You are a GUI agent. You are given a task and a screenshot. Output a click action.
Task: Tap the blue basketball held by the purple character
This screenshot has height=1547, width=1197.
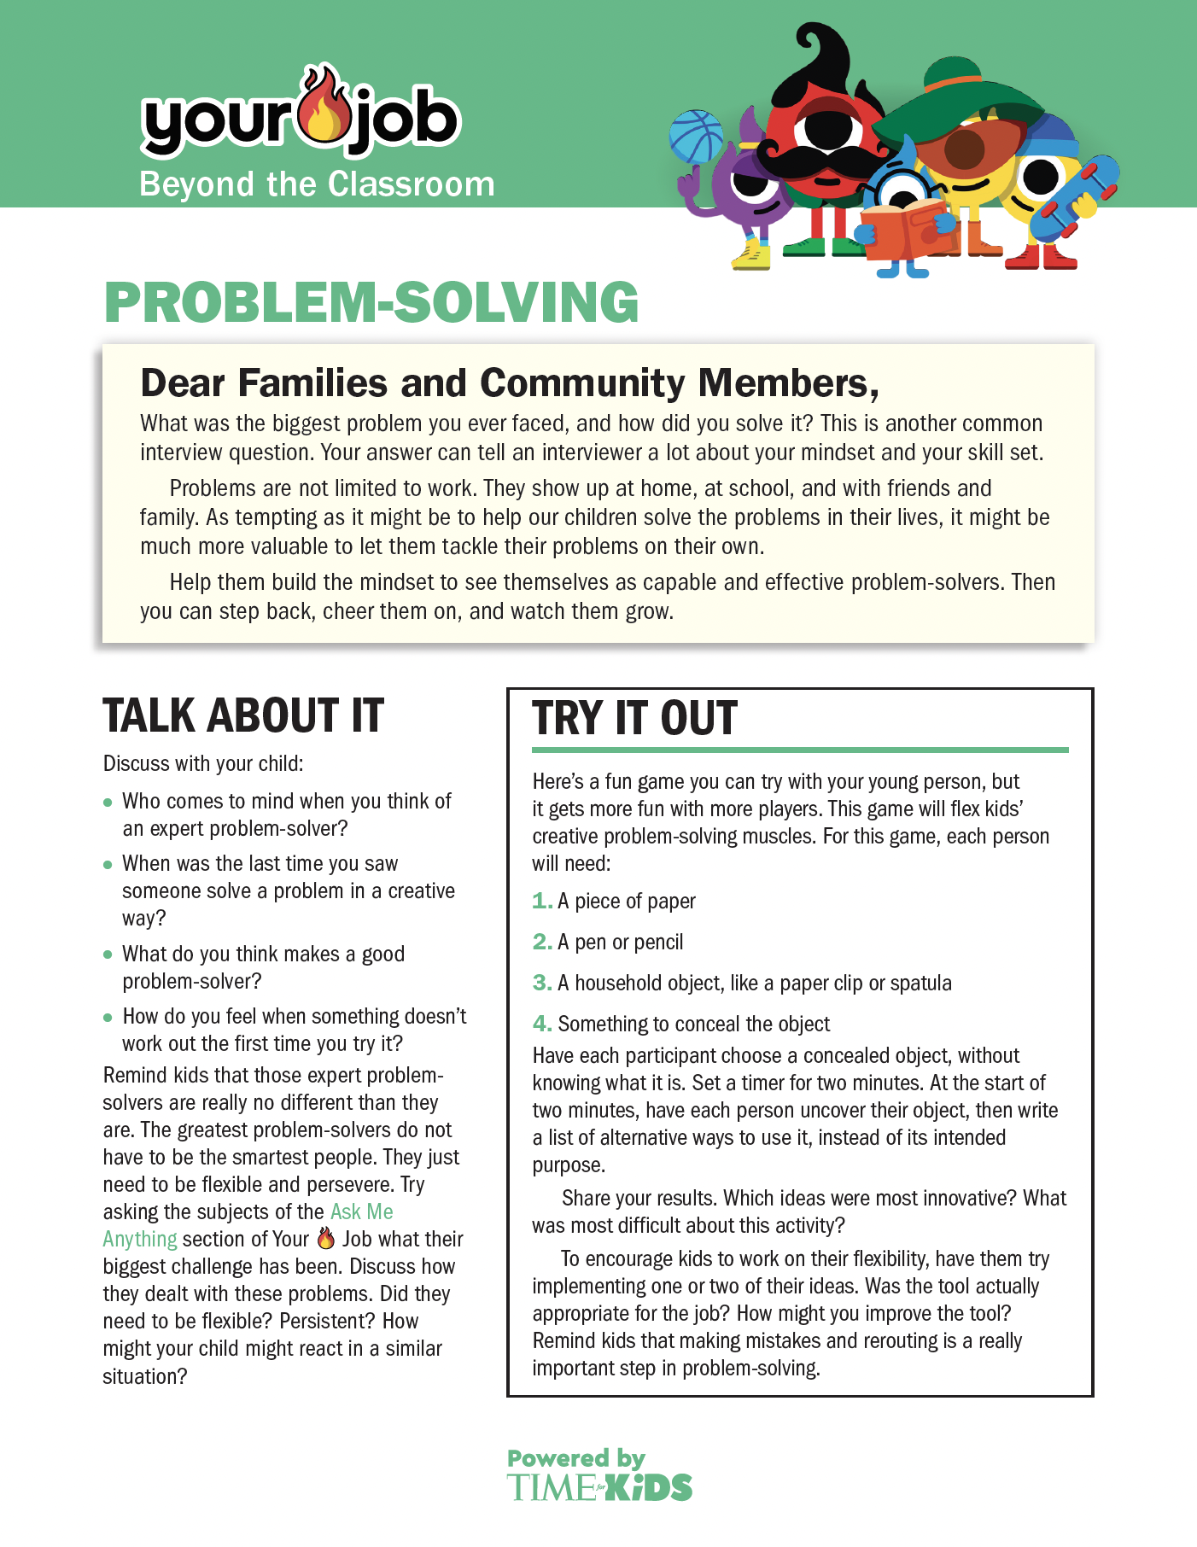click(695, 136)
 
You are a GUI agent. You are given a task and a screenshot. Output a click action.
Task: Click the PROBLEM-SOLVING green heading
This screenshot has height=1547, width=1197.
click(371, 302)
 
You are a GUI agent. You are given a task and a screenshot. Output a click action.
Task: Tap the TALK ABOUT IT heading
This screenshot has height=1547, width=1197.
click(243, 715)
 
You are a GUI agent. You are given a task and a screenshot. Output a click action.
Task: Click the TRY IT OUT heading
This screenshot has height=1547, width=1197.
click(634, 718)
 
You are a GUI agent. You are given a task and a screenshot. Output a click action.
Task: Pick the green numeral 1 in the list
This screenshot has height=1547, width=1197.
click(540, 901)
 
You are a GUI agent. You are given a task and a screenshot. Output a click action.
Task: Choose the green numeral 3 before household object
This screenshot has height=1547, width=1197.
click(541, 983)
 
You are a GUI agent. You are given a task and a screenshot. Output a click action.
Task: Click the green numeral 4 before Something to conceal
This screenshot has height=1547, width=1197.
click(541, 1024)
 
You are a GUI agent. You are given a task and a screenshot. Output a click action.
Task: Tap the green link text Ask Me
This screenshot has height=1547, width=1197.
click(361, 1211)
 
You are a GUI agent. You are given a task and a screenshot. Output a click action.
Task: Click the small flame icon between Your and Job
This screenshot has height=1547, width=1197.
click(325, 1238)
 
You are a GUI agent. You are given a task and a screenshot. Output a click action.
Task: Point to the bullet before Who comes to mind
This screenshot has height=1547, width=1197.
click(108, 803)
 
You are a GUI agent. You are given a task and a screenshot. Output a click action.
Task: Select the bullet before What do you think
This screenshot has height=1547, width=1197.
click(108, 954)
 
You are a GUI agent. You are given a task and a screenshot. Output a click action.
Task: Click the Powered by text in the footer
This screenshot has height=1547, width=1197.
click(576, 1458)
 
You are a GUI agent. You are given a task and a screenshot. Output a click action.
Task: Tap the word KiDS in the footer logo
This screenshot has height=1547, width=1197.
click(653, 1488)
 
